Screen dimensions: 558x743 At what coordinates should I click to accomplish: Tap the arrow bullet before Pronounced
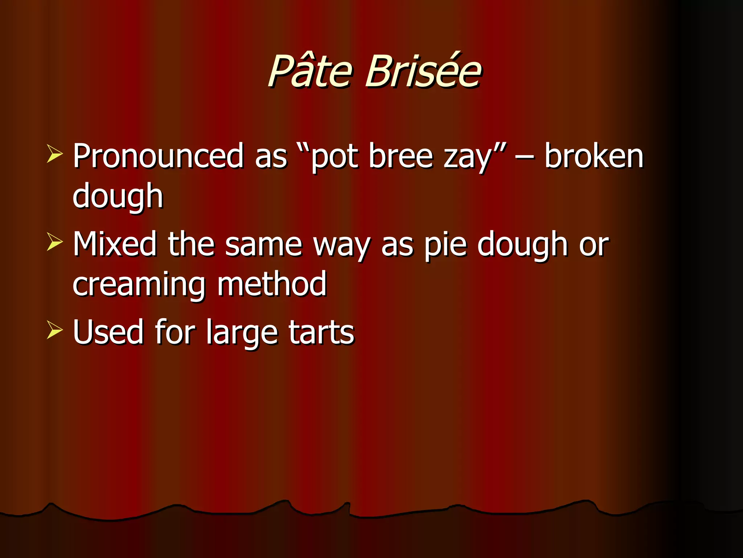click(x=54, y=154)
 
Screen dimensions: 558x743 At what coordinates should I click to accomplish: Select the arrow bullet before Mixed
click(x=54, y=242)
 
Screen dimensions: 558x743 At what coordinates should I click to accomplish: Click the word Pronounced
click(x=158, y=156)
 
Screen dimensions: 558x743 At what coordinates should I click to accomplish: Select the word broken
click(x=594, y=156)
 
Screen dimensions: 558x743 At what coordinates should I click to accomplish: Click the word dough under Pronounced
click(x=118, y=197)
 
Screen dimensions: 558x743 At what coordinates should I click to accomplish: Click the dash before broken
click(x=524, y=158)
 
